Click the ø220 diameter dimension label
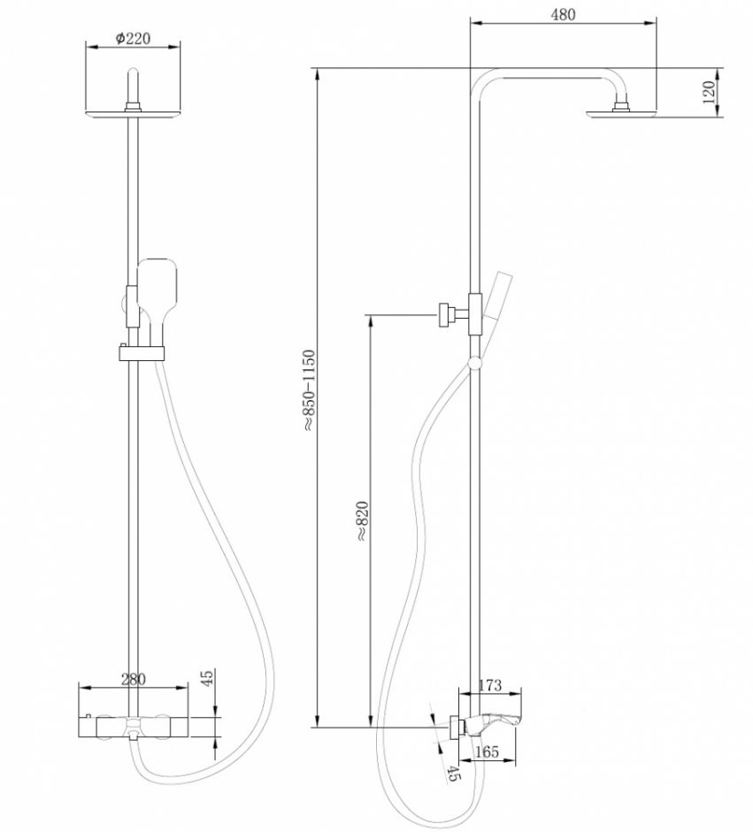click(x=132, y=38)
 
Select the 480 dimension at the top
click(x=563, y=14)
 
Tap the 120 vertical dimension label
click(x=708, y=92)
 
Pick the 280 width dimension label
click(x=132, y=680)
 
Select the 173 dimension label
click(x=490, y=684)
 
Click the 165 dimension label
click(x=487, y=751)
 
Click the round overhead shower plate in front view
click(x=133, y=112)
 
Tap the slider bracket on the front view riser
click(x=141, y=353)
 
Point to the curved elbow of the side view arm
click(x=482, y=81)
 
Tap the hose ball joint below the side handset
click(x=477, y=361)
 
